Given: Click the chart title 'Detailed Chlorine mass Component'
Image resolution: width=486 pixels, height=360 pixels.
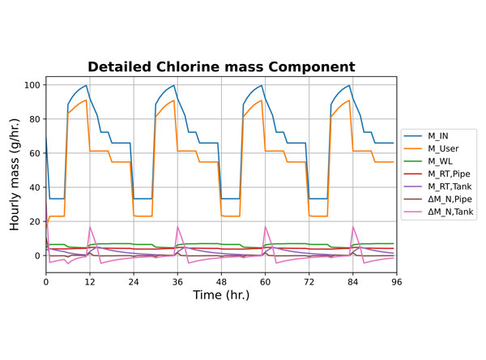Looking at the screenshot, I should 221,66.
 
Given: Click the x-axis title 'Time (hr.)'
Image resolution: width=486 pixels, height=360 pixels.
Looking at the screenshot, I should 221,296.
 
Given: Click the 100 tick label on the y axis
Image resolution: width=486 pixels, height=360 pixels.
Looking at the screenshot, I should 32,85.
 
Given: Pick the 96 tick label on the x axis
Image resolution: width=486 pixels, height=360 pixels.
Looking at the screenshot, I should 396,281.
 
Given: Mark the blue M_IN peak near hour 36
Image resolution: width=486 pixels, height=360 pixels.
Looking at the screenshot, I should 173,85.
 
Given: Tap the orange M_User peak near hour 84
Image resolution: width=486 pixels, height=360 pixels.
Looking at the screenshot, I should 349,101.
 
